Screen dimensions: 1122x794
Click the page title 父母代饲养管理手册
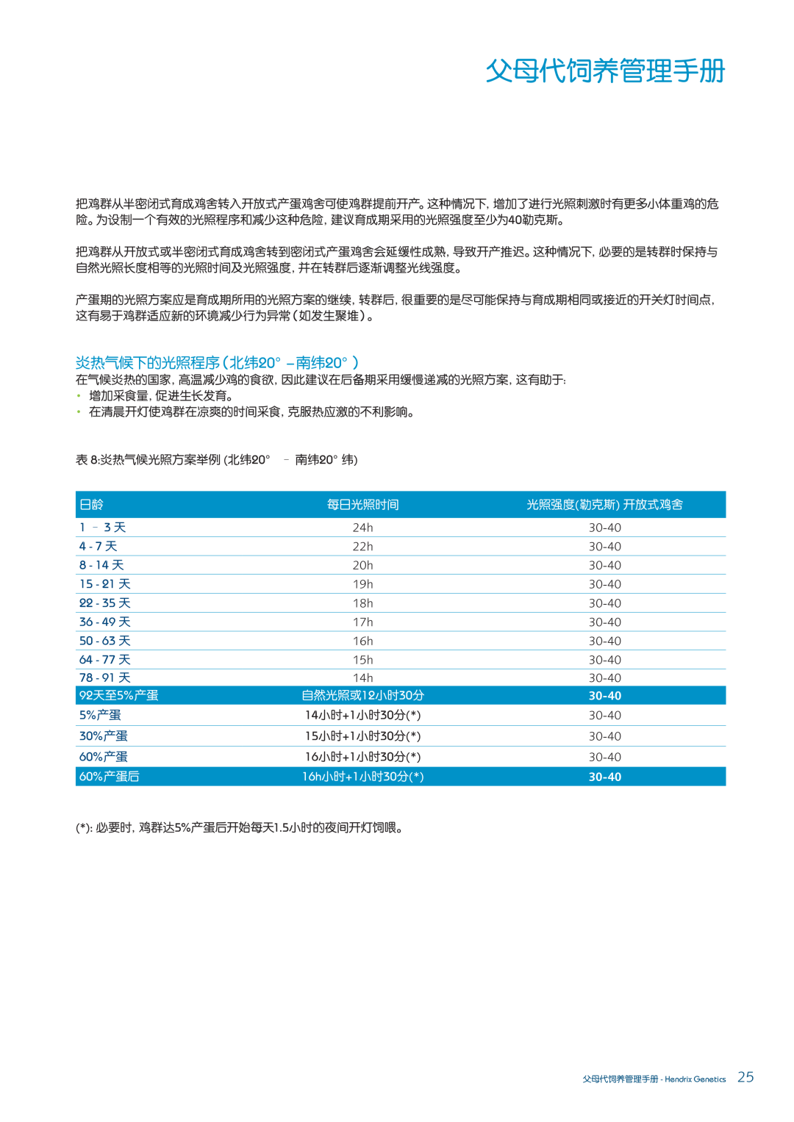click(605, 71)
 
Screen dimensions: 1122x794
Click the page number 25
click(745, 1077)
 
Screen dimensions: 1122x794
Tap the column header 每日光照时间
click(362, 505)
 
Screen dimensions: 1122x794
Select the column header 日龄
click(92, 505)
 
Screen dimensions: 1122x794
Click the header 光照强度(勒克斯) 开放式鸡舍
click(604, 505)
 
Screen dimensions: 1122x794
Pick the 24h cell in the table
click(362, 528)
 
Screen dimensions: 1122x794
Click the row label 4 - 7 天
click(99, 547)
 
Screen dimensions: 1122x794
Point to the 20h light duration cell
click(362, 566)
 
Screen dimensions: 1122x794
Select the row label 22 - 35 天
click(104, 603)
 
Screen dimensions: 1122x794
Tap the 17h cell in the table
click(362, 622)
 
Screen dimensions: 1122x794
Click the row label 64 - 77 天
click(104, 660)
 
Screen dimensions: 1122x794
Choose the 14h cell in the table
click(362, 678)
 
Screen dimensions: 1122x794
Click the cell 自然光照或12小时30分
click(362, 696)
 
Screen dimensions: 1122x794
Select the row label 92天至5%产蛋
click(119, 696)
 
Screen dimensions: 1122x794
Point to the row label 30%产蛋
click(104, 736)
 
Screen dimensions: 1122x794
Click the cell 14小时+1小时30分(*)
click(362, 716)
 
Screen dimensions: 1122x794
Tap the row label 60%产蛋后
click(110, 777)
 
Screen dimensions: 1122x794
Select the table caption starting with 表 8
click(216, 460)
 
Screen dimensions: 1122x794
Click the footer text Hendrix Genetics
click(695, 1079)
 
